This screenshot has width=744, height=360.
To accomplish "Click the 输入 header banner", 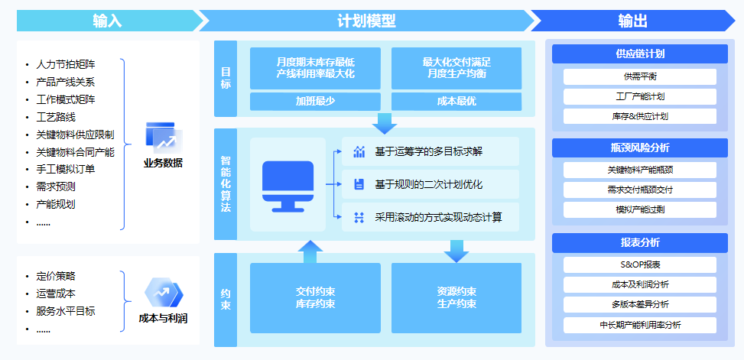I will [x=107, y=21].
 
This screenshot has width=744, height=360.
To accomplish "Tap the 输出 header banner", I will [x=632, y=21].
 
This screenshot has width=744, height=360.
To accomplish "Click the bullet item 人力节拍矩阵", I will [x=70, y=64].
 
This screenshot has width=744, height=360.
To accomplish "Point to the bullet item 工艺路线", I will [x=56, y=117].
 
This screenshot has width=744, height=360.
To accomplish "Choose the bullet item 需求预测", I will [x=56, y=186].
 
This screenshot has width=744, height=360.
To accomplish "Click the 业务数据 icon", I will [x=164, y=137].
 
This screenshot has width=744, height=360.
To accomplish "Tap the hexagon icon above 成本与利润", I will [x=164, y=293].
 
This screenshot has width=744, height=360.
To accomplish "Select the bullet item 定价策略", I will [x=56, y=276].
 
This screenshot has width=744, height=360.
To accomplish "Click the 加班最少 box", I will [x=315, y=101].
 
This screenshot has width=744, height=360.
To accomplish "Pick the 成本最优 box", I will [x=456, y=101].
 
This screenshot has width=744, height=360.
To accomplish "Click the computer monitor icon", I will [x=288, y=183].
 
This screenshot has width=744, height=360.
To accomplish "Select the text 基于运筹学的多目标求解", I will [x=428, y=151].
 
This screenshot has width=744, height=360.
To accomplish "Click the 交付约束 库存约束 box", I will [x=315, y=297].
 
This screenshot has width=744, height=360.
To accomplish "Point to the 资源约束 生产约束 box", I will [x=456, y=297].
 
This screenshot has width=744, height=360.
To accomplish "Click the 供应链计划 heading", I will [x=640, y=54].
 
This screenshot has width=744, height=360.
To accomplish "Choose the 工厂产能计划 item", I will [x=640, y=96].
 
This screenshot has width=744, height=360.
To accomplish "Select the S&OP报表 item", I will [x=640, y=264].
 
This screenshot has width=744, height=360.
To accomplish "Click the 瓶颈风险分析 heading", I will [x=640, y=148].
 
